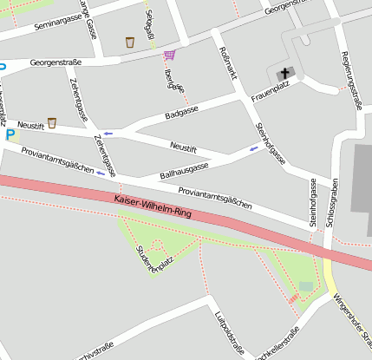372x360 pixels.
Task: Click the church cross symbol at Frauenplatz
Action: click(x=284, y=75)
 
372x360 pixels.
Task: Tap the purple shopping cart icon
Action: click(x=169, y=55)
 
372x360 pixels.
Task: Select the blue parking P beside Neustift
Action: click(x=10, y=135)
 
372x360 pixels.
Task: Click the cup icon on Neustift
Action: click(x=51, y=123)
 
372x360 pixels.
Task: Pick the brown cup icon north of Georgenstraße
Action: click(x=130, y=42)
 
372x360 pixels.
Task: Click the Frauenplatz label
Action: click(x=270, y=95)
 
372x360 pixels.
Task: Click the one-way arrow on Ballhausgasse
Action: click(x=254, y=148)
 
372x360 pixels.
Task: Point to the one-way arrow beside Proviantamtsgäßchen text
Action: click(x=101, y=173)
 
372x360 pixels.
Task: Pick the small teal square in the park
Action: click(x=305, y=286)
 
